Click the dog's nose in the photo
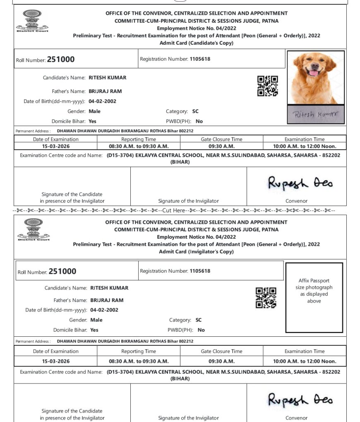[313, 67]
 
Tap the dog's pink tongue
[314, 73]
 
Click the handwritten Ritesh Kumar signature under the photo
[315, 115]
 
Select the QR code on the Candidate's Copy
[267, 86]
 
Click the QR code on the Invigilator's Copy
[266, 297]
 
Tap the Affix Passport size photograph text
[314, 291]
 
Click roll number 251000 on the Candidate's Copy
[61, 59]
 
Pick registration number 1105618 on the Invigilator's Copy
[200, 271]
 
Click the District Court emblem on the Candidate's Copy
[32, 21]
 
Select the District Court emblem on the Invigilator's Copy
[32, 230]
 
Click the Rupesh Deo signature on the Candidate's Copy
[300, 182]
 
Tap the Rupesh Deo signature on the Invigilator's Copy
[300, 400]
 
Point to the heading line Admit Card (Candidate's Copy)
[196, 43]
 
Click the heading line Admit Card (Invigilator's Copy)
[196, 252]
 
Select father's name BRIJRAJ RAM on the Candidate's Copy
[105, 91]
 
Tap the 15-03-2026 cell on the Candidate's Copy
[55, 146]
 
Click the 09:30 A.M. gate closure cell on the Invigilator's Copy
[221, 361]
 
